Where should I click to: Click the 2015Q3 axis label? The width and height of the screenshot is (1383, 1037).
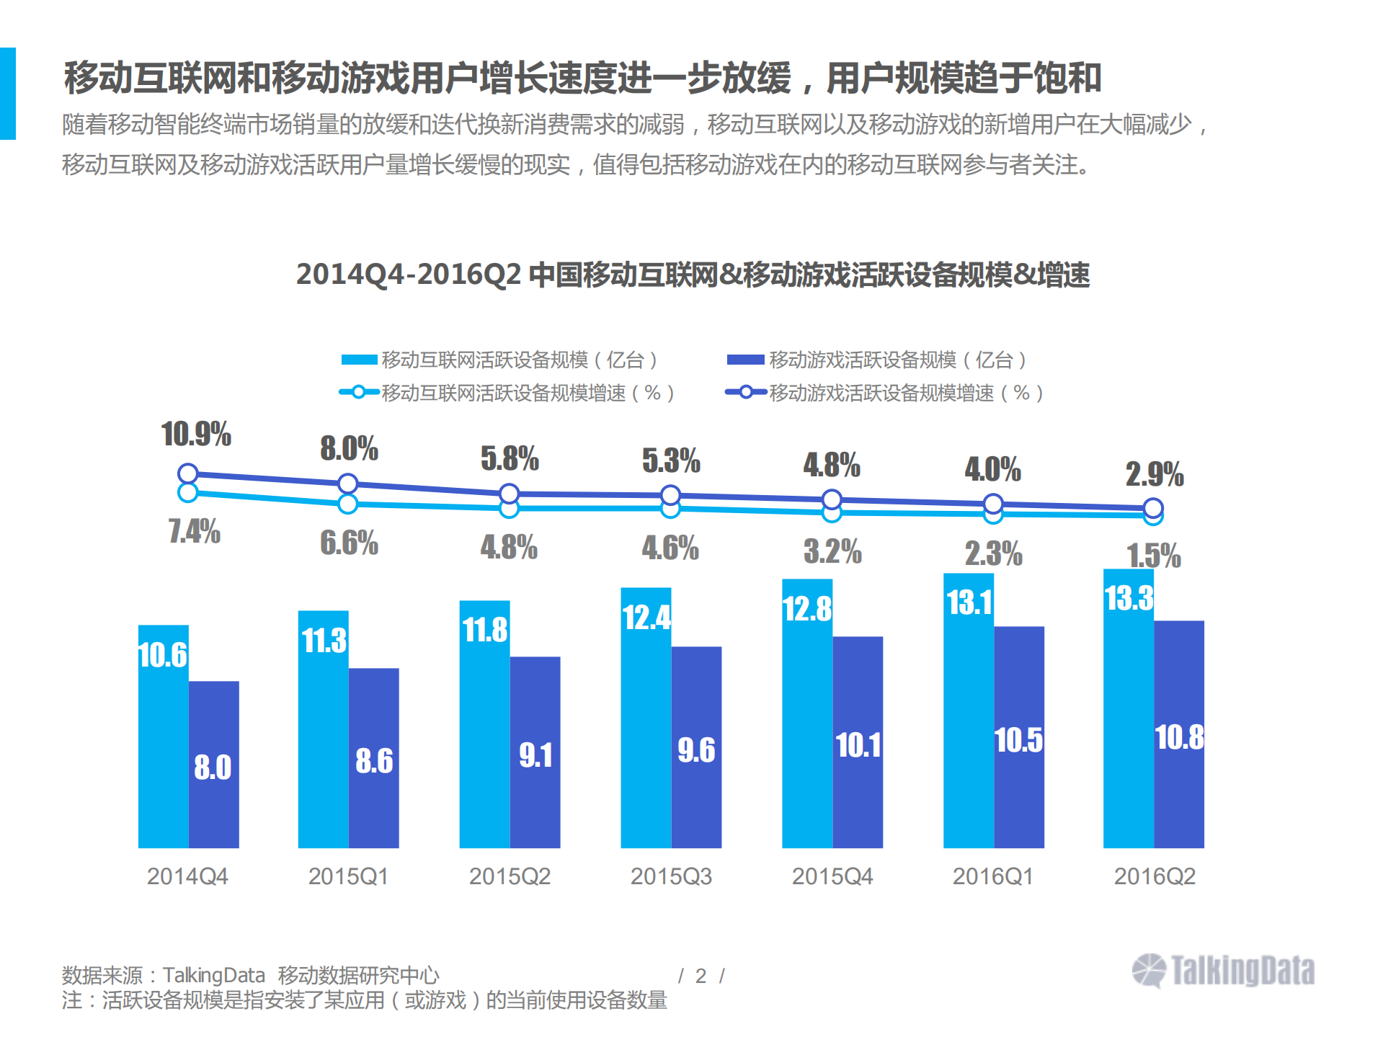(671, 876)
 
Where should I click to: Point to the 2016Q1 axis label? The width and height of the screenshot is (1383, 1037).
(993, 876)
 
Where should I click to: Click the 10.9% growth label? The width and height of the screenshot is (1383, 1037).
(196, 434)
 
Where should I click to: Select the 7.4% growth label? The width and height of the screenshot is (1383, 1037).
(194, 532)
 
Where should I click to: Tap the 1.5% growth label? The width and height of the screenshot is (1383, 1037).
(1153, 556)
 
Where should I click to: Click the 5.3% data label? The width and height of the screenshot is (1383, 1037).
(671, 460)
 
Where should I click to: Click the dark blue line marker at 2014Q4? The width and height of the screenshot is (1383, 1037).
(187, 473)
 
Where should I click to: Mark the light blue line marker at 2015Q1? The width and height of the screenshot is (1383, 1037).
(348, 504)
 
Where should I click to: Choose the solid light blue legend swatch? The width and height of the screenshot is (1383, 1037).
(359, 360)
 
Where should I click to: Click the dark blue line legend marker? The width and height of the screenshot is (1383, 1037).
(746, 392)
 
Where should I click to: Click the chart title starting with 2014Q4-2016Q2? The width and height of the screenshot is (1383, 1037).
(693, 275)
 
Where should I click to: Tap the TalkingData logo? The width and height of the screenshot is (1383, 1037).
(1223, 970)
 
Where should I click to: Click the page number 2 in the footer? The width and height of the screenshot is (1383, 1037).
(701, 976)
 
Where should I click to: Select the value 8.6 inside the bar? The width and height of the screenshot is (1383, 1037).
(374, 761)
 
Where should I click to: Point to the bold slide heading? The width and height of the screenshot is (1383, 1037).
(582, 78)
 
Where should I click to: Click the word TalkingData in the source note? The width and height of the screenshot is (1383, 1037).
(214, 975)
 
